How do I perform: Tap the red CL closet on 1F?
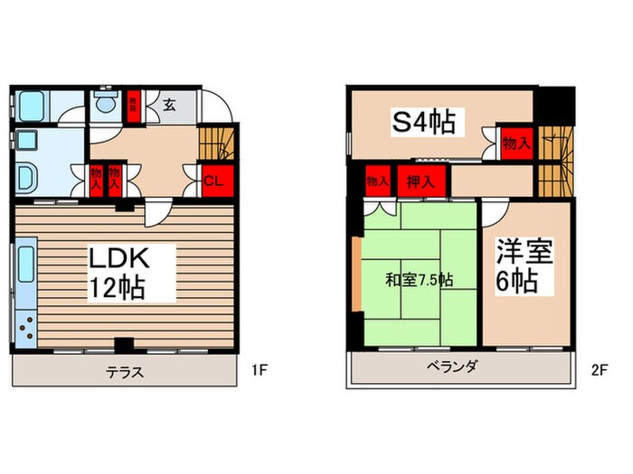[x=213, y=179]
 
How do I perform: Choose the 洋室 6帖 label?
[x=517, y=265]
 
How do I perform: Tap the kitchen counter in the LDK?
[x=25, y=293]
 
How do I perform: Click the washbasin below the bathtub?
[x=26, y=176]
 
